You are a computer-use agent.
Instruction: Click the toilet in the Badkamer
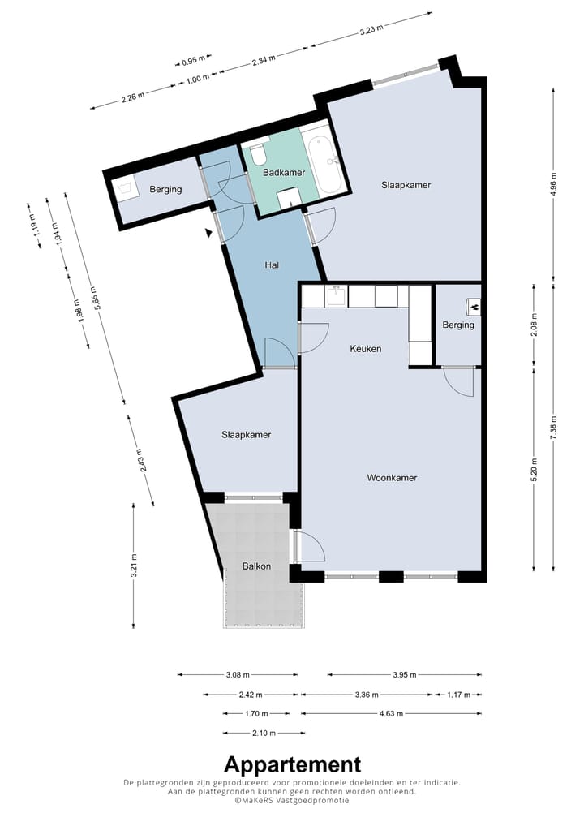(258, 153)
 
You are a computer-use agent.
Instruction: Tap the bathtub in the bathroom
(325, 165)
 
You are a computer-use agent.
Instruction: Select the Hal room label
(272, 265)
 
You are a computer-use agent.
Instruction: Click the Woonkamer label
(392, 478)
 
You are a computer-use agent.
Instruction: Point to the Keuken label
(366, 349)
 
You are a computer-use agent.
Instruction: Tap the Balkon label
(256, 566)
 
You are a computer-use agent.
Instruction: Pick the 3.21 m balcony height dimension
(135, 566)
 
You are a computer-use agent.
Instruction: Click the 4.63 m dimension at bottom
(391, 714)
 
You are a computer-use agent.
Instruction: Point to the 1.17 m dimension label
(458, 695)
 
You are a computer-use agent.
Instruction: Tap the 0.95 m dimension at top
(193, 61)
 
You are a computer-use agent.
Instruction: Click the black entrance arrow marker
(209, 232)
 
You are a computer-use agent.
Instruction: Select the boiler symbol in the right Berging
(474, 304)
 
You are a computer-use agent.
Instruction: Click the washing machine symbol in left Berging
(126, 187)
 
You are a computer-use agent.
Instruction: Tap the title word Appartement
(293, 764)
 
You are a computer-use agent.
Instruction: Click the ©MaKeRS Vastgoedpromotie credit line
(292, 800)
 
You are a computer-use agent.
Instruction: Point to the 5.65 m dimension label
(94, 297)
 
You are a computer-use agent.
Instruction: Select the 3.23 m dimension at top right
(371, 29)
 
